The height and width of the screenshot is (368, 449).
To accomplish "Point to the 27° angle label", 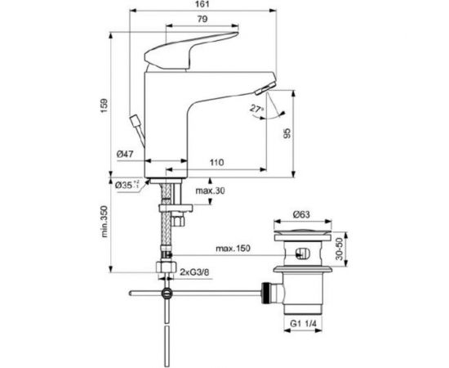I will pyautogui.click(x=258, y=108).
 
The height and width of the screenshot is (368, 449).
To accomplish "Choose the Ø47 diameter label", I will pyautogui.click(x=125, y=154).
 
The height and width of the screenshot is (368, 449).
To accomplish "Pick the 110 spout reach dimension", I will pyautogui.click(x=216, y=164).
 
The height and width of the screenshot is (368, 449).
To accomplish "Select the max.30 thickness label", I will pyautogui.click(x=209, y=191).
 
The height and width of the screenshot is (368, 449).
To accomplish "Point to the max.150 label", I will pyautogui.click(x=233, y=247).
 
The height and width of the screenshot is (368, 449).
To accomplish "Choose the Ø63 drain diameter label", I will pyautogui.click(x=303, y=216).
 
